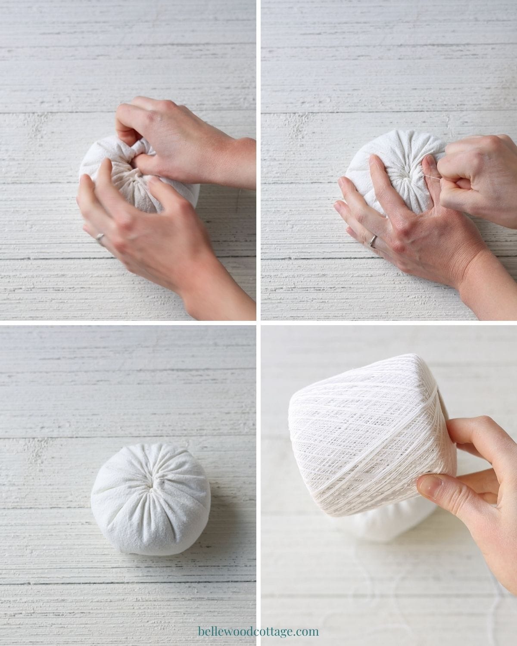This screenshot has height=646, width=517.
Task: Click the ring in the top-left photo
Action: click(100, 237)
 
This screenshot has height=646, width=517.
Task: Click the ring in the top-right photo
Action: click(373, 241)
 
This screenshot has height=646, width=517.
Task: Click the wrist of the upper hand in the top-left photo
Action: click(240, 162)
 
